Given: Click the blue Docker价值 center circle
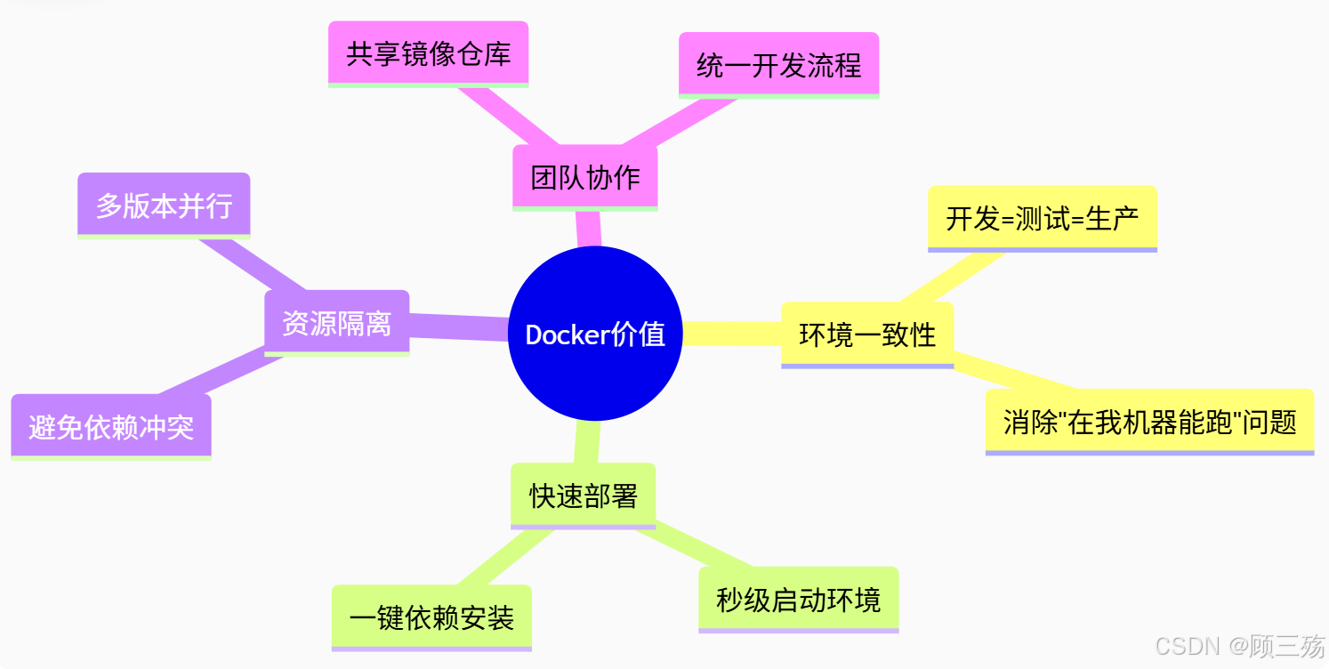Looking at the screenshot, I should click(x=595, y=334).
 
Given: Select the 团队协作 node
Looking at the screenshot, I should click(x=585, y=177).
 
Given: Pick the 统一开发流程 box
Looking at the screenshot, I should click(x=778, y=65).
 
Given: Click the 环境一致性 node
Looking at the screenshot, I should click(x=867, y=334).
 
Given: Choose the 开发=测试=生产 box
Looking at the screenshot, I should click(x=1042, y=218).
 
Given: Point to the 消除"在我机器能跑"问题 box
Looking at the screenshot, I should click(x=1149, y=421).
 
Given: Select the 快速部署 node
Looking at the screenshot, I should click(x=584, y=496).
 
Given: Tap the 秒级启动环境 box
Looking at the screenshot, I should click(x=798, y=599).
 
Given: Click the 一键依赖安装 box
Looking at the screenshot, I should click(x=431, y=617).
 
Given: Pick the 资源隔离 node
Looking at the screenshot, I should click(x=336, y=322).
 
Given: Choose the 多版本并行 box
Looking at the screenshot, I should click(x=164, y=206).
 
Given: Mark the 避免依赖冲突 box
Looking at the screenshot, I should click(x=111, y=427).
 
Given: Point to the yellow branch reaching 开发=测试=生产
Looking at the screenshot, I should click(x=952, y=278).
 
